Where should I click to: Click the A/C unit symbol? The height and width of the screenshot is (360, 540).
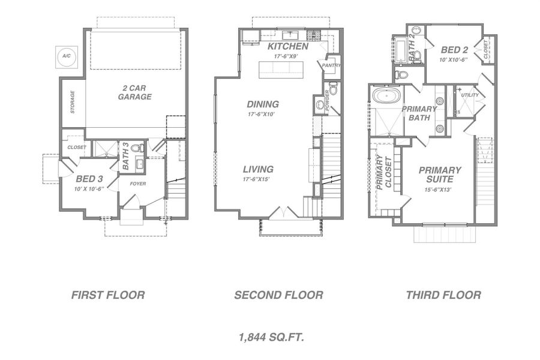pyautogui.click(x=65, y=56)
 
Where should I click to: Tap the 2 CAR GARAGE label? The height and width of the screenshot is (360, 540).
pyautogui.click(x=134, y=92)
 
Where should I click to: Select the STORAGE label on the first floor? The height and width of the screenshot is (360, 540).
pyautogui.click(x=73, y=103)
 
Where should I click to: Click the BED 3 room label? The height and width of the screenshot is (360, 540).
pyautogui.click(x=89, y=178)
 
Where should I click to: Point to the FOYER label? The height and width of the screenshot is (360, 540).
pyautogui.click(x=138, y=184)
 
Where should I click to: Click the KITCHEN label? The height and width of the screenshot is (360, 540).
pyautogui.click(x=288, y=46)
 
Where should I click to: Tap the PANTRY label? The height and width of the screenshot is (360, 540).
pyautogui.click(x=331, y=65)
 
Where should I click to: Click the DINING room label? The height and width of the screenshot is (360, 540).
pyautogui.click(x=263, y=104)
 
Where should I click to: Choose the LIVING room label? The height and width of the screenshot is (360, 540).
pyautogui.click(x=259, y=169)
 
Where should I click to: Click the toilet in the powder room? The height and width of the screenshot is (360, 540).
pyautogui.click(x=334, y=89)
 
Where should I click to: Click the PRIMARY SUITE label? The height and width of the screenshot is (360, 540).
pyautogui.click(x=440, y=175)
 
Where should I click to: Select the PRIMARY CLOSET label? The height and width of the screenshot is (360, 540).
pyautogui.click(x=383, y=173)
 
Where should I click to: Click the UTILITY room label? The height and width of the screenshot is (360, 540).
pyautogui.click(x=470, y=95)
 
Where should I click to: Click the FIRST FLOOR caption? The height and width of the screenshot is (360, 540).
pyautogui.click(x=108, y=295)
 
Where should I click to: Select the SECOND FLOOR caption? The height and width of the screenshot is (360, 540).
pyautogui.click(x=278, y=295)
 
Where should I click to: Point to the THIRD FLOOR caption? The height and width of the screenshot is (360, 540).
pyautogui.click(x=443, y=295)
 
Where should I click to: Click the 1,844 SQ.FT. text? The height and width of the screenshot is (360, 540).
pyautogui.click(x=271, y=338)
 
